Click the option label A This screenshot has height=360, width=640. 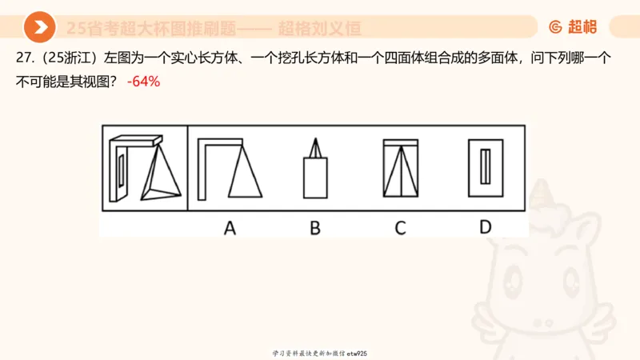pos(230,228)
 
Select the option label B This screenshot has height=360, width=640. pos(315,228)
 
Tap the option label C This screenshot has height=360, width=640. pos(400,228)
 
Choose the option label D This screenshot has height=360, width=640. pos(486,227)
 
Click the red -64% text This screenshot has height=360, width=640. pos(144,81)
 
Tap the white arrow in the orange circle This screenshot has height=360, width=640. pos(39,28)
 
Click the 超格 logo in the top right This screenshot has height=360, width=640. pos(573,27)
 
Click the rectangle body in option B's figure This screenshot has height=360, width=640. pos(315,178)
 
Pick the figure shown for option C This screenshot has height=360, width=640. pos(401,168)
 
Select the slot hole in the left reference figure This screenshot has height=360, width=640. pos(120,170)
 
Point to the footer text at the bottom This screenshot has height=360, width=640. pos(319,353)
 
